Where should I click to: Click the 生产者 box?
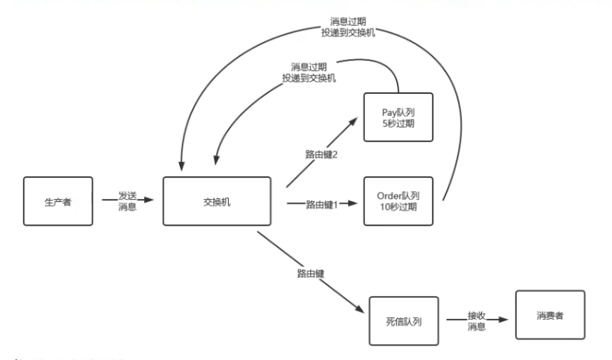[x=58, y=201]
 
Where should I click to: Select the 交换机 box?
[x=217, y=201]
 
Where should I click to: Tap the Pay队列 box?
[x=398, y=116]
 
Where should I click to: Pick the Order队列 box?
[x=398, y=201]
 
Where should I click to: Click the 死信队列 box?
[x=404, y=320]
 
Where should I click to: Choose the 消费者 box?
[x=550, y=314]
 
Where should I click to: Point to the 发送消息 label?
[x=127, y=201]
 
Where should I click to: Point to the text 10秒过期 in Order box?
[x=398, y=208]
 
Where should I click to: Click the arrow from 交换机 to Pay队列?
[x=324, y=149]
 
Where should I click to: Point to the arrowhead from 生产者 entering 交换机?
[x=159, y=201]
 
